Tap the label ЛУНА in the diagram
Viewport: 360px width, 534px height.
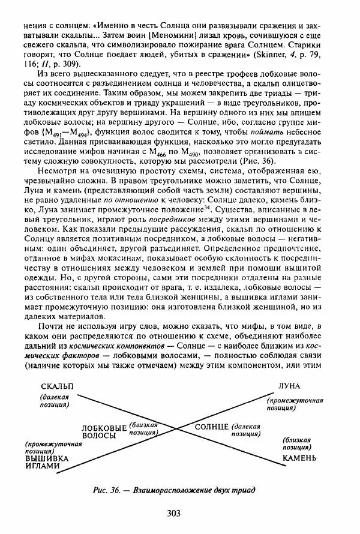290,385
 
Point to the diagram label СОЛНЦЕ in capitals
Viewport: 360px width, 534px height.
211,426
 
